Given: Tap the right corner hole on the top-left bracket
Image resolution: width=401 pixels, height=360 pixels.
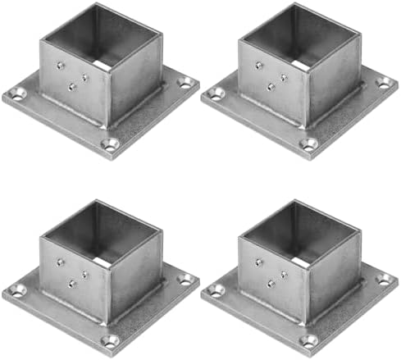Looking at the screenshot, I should [185, 82].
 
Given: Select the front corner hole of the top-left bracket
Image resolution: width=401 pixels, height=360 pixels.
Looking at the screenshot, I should [110, 144].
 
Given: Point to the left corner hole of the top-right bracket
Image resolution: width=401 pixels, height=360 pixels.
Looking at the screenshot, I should [216, 93].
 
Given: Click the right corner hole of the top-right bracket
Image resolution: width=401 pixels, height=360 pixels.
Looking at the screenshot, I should [383, 82].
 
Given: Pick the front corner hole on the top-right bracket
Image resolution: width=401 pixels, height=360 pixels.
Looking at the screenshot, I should [308, 144].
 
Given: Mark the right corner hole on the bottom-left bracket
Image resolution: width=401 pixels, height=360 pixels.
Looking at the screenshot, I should [185, 279].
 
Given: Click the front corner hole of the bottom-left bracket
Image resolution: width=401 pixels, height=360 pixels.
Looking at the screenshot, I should [110, 340].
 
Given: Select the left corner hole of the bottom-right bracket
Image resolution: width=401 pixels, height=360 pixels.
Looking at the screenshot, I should [216, 289].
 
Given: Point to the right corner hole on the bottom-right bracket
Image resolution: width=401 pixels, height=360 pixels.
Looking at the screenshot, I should [383, 279].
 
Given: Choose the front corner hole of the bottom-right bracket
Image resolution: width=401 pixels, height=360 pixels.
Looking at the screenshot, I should [308, 340].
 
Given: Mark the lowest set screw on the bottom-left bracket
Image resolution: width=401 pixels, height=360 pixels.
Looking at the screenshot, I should [71, 283].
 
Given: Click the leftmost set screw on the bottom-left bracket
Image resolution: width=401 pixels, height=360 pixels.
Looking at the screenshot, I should [59, 262].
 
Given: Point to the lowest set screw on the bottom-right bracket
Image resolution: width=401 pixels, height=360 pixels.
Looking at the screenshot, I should [270, 283].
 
